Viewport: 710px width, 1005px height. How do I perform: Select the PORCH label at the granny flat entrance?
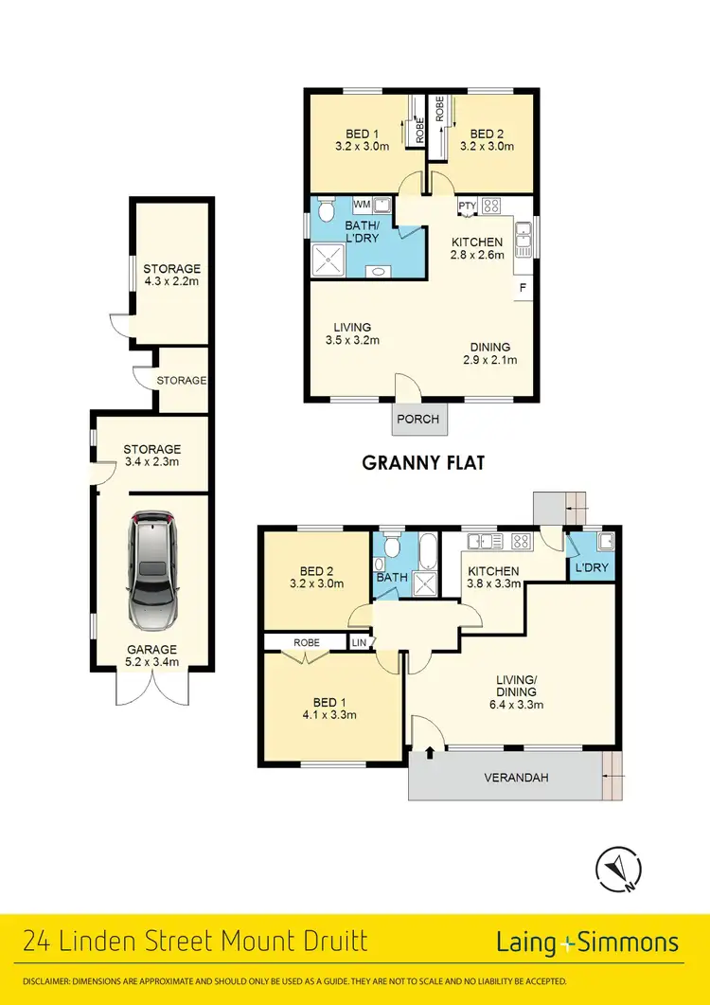point(417,420)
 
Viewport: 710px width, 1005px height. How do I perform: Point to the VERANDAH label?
point(516,778)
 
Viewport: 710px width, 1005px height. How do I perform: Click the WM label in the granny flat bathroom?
point(362,204)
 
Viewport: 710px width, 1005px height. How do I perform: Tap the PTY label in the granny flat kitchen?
point(466,206)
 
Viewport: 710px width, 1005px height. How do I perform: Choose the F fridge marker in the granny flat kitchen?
point(522,286)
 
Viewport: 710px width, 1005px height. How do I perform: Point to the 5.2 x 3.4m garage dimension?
point(151,662)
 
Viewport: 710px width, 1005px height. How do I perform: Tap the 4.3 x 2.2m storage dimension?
point(171,281)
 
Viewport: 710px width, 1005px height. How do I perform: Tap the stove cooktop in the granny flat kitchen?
point(492,205)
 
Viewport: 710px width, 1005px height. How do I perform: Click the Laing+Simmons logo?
point(587,942)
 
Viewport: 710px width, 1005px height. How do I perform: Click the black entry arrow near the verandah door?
point(432,753)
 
